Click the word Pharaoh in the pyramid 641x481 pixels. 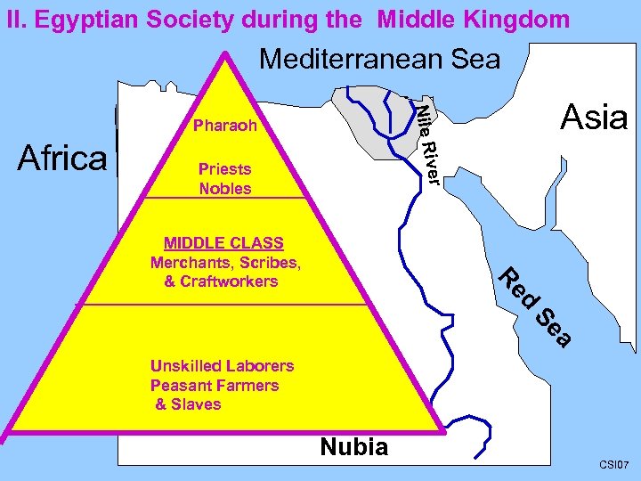(x=224, y=126)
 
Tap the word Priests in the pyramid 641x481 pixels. (x=224, y=168)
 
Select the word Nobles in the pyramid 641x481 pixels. (x=224, y=188)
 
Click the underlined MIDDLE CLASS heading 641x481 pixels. (x=223, y=243)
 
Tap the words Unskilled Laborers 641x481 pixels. (x=222, y=365)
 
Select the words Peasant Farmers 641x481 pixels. (x=214, y=385)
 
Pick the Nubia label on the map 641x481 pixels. (x=353, y=446)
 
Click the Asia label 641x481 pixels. (x=594, y=117)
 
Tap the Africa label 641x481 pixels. (x=62, y=158)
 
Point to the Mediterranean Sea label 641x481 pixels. (x=379, y=60)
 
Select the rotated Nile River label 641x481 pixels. (x=429, y=143)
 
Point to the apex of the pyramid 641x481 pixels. (x=228, y=55)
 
